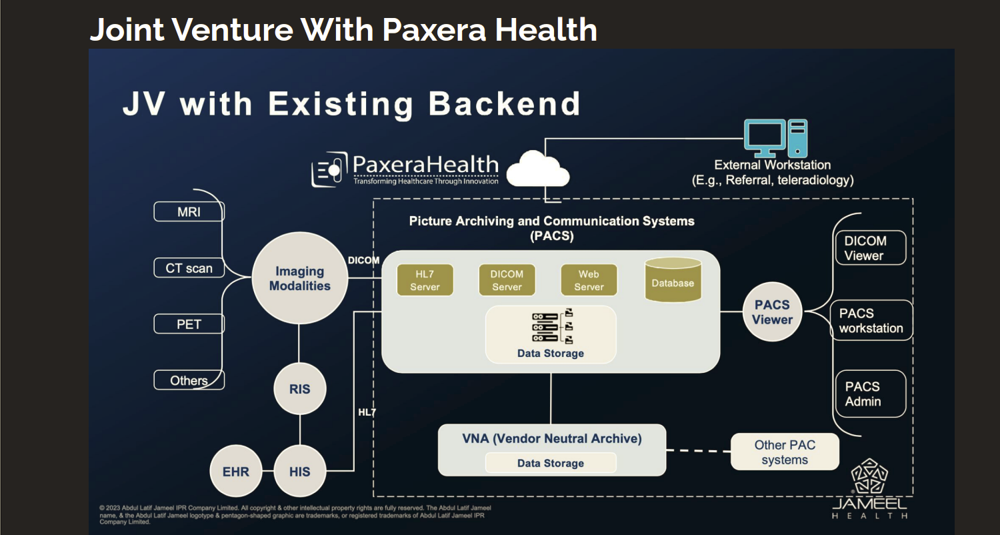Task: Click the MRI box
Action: pos(189,212)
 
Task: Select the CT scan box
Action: pos(189,268)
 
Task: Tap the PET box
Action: pos(189,324)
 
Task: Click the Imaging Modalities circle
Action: pos(299,279)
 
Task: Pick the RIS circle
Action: pos(299,389)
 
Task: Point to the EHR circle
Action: pos(235,472)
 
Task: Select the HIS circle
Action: pos(299,472)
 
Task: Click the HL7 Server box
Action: pos(425,280)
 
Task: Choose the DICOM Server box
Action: pos(507,280)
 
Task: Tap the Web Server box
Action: pos(589,280)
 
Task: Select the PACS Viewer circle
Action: pos(772,312)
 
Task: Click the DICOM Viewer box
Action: pos(870,248)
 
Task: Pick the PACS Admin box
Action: pos(870,394)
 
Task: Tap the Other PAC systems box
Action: pos(785,452)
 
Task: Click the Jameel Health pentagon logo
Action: pos(870,477)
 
